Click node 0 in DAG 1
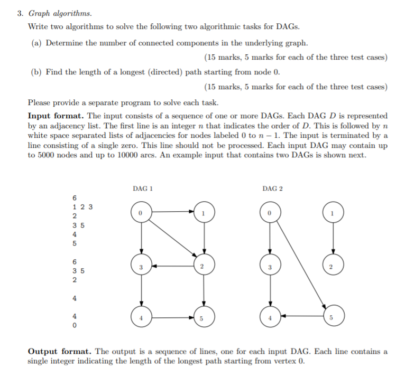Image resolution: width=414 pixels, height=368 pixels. (141, 212)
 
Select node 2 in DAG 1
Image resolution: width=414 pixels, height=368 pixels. (202, 267)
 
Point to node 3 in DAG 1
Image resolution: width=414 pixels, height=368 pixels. (141, 267)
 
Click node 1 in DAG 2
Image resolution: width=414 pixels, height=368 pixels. (332, 212)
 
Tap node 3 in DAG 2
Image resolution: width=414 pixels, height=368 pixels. (270, 267)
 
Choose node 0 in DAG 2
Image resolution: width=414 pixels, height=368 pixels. (270, 212)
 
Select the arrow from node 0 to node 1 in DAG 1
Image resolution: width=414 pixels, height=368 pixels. (171, 212)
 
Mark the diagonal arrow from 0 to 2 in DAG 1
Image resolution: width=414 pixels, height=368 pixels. (171, 239)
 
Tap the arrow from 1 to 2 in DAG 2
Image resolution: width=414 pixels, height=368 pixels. (332, 239)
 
